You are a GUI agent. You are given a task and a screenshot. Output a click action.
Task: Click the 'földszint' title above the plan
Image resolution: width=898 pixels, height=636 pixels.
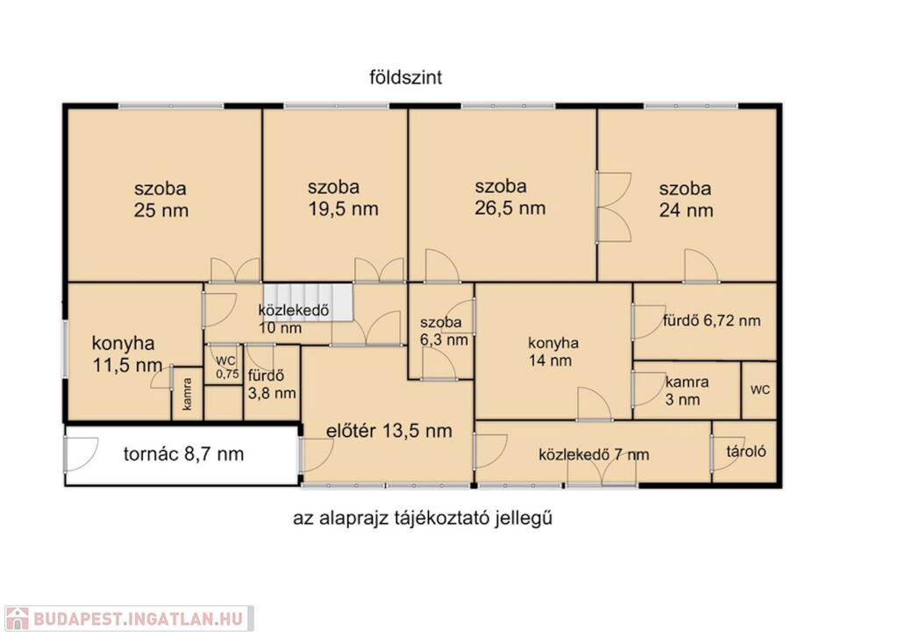[405, 77]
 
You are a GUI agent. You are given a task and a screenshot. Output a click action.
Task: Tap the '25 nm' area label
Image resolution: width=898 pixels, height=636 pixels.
[161, 211]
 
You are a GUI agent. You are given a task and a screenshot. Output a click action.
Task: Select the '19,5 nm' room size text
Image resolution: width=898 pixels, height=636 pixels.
[343, 209]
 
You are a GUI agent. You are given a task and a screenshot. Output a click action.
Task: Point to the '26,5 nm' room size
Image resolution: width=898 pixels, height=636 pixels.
[510, 208]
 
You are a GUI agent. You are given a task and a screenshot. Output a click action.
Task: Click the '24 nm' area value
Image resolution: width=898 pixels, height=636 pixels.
[686, 211]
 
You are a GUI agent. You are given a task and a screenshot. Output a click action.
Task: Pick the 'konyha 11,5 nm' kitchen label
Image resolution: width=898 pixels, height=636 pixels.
[126, 354]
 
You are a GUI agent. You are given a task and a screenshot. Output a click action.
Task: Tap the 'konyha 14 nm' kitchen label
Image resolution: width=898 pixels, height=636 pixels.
[552, 352]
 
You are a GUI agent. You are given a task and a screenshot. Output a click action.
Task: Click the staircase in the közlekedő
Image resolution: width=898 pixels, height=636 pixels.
[307, 302]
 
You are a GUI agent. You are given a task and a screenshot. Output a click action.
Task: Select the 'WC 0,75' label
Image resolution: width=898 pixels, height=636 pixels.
[227, 368]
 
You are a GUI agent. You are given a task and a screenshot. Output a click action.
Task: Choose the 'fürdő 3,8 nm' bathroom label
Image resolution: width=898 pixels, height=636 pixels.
[272, 384]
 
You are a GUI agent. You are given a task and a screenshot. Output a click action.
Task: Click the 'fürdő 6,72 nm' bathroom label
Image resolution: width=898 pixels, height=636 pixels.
[711, 321]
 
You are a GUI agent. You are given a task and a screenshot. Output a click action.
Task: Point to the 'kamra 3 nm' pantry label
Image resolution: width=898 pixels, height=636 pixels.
[686, 390]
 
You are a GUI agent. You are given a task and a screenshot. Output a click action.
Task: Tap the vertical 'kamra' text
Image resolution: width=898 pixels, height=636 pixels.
[188, 394]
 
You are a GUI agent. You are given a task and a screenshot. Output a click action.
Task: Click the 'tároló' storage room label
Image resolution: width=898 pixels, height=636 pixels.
[745, 452]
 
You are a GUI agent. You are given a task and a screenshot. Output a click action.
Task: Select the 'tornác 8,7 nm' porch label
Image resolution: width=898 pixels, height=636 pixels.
[183, 454]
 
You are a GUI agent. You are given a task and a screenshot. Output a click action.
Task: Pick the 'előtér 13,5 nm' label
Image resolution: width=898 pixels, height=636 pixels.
[388, 431]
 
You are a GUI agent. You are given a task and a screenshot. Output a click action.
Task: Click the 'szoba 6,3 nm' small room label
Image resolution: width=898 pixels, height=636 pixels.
[443, 332]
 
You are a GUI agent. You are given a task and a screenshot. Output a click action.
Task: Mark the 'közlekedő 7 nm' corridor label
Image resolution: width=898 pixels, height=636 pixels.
[594, 455]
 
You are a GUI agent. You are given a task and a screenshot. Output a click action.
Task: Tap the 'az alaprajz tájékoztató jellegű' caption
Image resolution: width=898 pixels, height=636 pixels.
[423, 518]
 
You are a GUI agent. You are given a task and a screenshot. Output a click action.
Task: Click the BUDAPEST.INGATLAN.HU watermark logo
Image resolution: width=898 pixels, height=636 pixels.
[129, 618]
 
